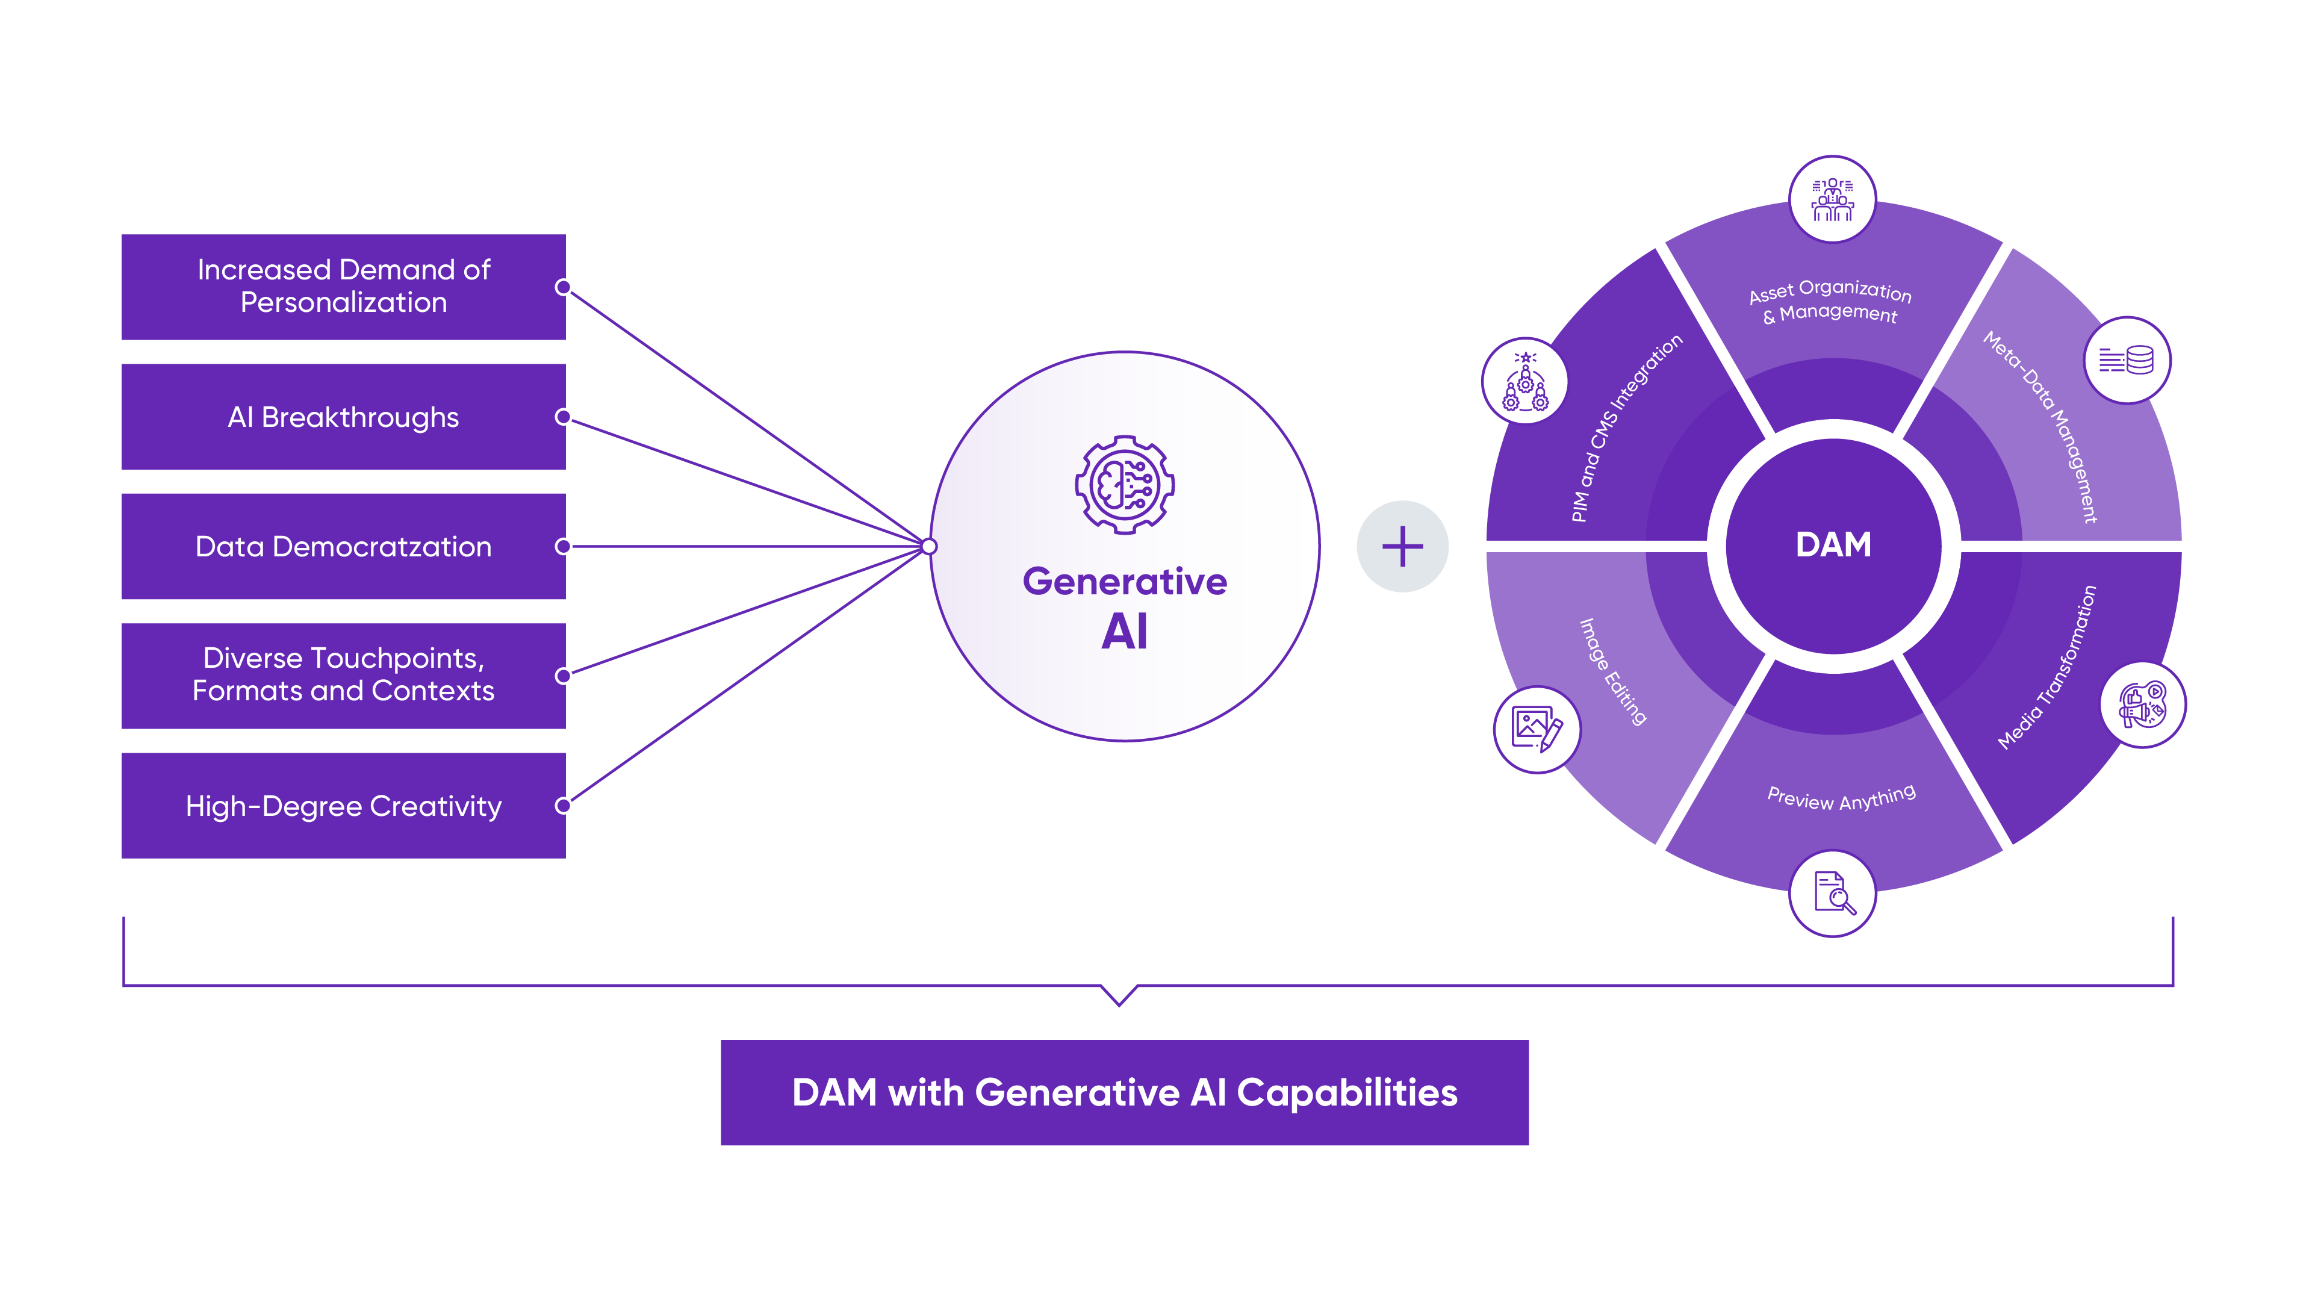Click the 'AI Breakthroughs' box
coord(343,417)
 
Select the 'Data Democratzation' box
coord(343,546)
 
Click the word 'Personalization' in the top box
coord(343,303)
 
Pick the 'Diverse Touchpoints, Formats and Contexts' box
coord(343,675)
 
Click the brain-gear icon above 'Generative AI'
coord(1125,485)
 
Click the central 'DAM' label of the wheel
coord(1833,545)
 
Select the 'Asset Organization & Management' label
coord(1830,301)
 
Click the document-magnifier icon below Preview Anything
coord(1833,893)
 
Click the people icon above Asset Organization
coord(1832,199)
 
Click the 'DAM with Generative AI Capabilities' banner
coord(1124,1092)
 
